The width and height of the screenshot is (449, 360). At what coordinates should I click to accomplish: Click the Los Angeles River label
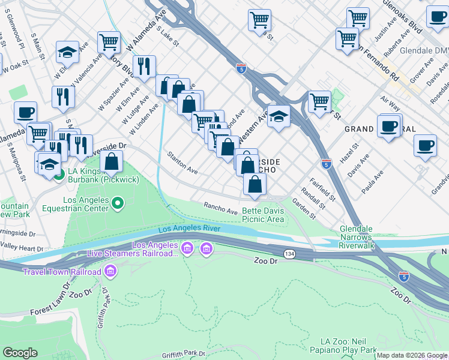click(x=189, y=230)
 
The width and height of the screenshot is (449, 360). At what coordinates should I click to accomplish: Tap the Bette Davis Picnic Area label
click(x=263, y=215)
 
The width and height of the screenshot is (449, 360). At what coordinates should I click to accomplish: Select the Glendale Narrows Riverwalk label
click(x=365, y=238)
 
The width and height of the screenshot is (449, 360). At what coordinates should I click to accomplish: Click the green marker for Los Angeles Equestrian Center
click(x=118, y=205)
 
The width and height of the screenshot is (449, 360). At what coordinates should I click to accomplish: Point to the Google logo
click(x=20, y=353)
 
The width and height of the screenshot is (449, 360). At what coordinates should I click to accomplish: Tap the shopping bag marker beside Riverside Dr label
click(x=112, y=161)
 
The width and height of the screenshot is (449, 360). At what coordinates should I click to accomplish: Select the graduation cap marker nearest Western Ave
click(x=279, y=116)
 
